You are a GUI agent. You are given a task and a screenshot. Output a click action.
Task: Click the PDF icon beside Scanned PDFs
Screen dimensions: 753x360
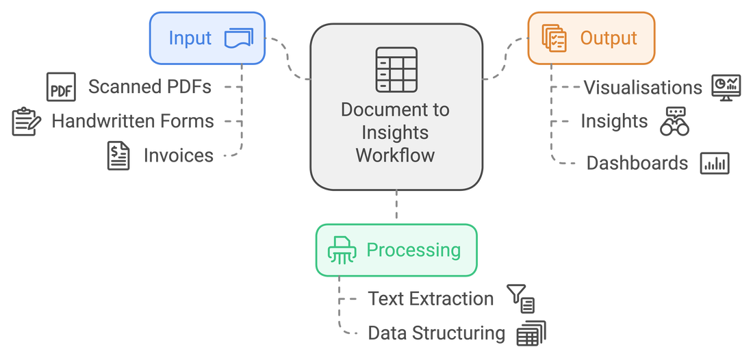pyautogui.click(x=61, y=87)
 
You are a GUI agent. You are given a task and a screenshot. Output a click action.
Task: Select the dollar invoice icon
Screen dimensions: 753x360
pyautogui.click(x=118, y=155)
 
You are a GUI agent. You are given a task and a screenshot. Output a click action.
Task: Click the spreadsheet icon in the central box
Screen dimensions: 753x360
pyautogui.click(x=396, y=70)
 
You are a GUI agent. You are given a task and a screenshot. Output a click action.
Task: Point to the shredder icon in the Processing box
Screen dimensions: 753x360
pyautogui.click(x=342, y=250)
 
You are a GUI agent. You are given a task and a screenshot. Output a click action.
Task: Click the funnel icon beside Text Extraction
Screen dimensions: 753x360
pyautogui.click(x=520, y=298)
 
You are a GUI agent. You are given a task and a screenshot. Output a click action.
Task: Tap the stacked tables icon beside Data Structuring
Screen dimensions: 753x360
pyautogui.click(x=531, y=333)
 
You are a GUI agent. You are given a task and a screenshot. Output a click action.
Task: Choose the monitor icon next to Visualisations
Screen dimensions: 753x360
pyautogui.click(x=726, y=88)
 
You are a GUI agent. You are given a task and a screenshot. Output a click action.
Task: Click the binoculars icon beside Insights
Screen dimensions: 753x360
pyautogui.click(x=675, y=121)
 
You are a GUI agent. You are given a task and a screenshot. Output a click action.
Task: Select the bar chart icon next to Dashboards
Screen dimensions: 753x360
pyautogui.click(x=715, y=163)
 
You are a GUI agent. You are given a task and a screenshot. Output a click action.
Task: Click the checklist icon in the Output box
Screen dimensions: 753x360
pyautogui.click(x=554, y=38)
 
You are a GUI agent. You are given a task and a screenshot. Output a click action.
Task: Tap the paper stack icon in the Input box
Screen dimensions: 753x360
pyautogui.click(x=239, y=38)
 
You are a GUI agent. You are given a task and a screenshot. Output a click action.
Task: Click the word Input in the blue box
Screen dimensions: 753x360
pyautogui.click(x=190, y=38)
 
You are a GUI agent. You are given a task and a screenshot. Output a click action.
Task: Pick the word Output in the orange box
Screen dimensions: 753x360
pyautogui.click(x=609, y=38)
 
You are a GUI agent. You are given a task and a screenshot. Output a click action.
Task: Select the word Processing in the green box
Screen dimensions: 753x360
pyautogui.click(x=413, y=250)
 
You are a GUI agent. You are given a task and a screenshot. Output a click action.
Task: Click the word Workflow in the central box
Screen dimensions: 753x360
pyautogui.click(x=395, y=155)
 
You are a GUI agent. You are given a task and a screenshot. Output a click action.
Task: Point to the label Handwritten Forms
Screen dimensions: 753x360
pyautogui.click(x=133, y=121)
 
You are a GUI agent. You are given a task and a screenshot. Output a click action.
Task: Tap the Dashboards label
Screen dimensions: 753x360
pyautogui.click(x=637, y=163)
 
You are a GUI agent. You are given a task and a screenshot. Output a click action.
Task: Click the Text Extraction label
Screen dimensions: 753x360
pyautogui.click(x=431, y=298)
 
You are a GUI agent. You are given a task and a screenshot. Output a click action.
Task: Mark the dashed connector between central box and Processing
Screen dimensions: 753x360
pyautogui.click(x=396, y=205)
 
